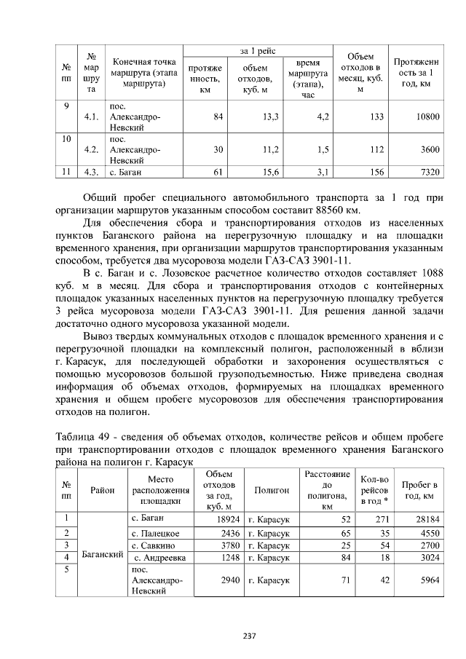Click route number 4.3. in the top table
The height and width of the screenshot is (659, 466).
(x=91, y=173)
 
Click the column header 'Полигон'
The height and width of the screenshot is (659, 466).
(x=271, y=491)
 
